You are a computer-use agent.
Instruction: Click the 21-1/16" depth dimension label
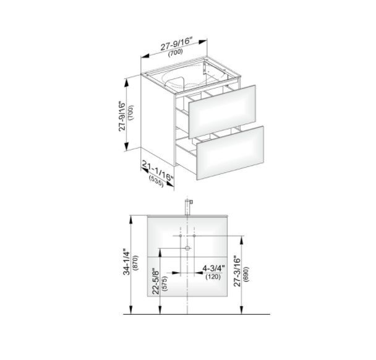pos(158,170)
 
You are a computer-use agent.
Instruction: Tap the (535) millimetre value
pos(156,182)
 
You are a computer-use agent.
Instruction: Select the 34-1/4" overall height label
pos(126,263)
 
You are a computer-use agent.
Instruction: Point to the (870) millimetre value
pos(135,263)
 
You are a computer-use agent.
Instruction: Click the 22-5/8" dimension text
pos(156,281)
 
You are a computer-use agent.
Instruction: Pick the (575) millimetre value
pos(165,284)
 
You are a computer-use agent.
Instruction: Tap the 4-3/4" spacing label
pos(213,268)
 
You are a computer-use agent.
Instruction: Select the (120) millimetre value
pos(213,276)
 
